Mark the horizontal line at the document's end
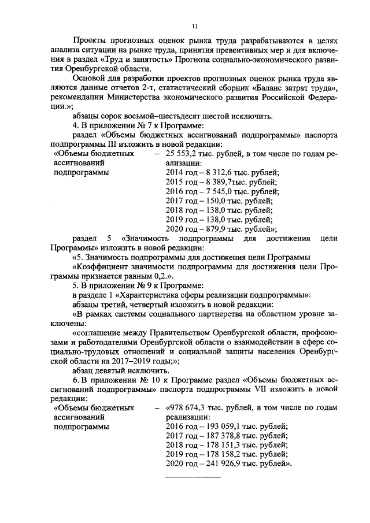193,477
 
